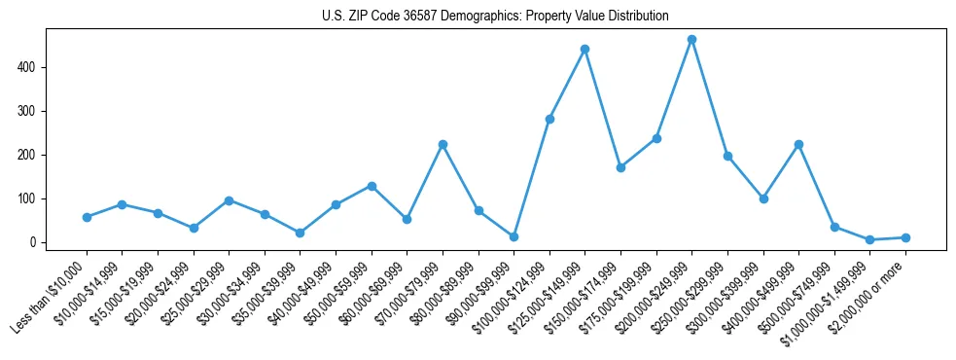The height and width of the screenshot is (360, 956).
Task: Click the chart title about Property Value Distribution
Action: coord(495,16)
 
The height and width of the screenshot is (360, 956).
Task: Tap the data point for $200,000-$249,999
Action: coord(691,40)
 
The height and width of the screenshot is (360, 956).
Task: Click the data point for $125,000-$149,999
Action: coord(584,49)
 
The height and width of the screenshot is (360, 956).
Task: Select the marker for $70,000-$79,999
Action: coord(443,144)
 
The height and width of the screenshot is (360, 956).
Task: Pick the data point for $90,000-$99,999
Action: coord(513,236)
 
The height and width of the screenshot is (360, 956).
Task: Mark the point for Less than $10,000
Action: coord(87,217)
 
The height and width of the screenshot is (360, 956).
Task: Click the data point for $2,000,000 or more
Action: coord(905,237)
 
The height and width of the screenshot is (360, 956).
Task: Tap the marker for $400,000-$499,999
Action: coord(798,144)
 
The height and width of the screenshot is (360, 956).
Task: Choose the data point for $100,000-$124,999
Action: coord(549,119)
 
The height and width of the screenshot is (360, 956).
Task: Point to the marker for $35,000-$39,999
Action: coord(300,233)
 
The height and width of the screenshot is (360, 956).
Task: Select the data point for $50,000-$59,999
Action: coord(372,186)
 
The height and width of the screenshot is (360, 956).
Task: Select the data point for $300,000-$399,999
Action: coord(763,198)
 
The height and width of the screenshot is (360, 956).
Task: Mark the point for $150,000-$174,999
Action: coord(620,167)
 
